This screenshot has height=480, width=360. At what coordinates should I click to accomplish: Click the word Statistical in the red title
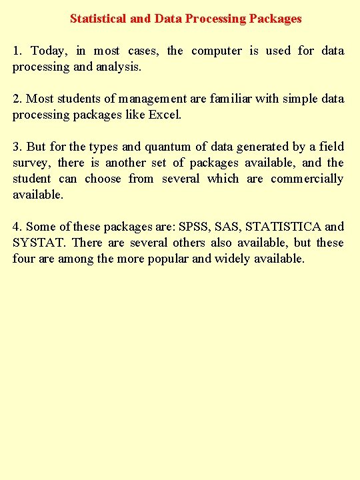click(99, 19)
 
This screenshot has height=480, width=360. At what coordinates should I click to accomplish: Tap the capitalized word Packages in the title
click(275, 19)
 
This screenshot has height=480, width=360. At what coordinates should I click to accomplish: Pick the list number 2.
click(17, 99)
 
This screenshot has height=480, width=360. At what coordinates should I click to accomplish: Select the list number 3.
click(17, 147)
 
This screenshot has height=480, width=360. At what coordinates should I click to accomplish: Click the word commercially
click(307, 179)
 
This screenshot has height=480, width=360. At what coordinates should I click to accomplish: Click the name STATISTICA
click(284, 227)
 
